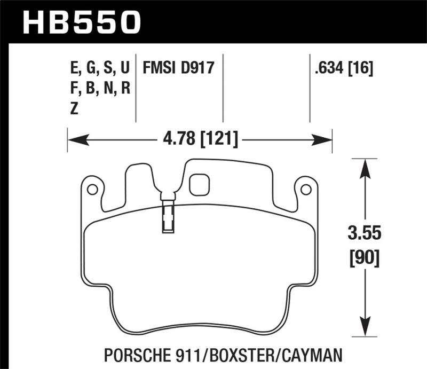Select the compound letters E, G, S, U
[99, 68]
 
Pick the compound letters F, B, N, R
[99, 88]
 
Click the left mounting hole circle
[92, 189]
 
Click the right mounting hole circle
[306, 189]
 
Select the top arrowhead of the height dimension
[365, 168]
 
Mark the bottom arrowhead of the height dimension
[365, 327]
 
